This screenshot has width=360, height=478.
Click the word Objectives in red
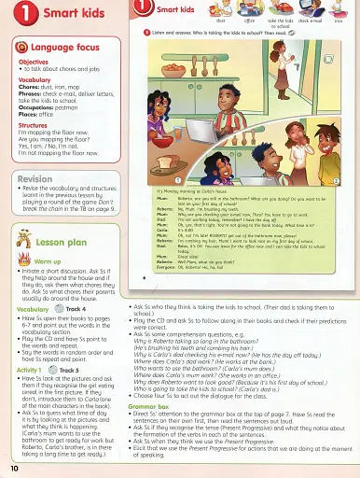click(x=33, y=62)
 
